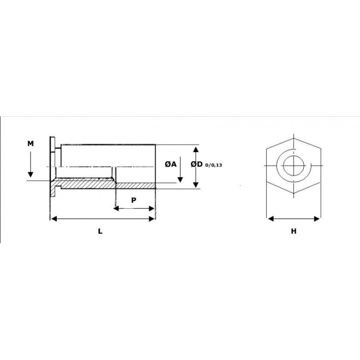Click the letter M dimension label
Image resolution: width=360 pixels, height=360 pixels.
click(x=31, y=144)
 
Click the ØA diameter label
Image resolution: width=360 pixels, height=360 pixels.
click(x=170, y=164)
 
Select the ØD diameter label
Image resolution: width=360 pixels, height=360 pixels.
click(x=197, y=164)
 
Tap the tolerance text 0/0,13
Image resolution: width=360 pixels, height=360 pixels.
click(x=214, y=165)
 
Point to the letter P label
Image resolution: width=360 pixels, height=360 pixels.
click(x=134, y=200)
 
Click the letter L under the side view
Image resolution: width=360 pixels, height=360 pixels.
click(x=100, y=231)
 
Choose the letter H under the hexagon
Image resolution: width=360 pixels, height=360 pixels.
click(x=294, y=231)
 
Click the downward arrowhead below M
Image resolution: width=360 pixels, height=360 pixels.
click(x=31, y=175)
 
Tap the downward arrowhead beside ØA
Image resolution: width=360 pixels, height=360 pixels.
click(x=180, y=180)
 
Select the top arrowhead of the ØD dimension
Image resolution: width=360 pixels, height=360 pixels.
click(x=196, y=149)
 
